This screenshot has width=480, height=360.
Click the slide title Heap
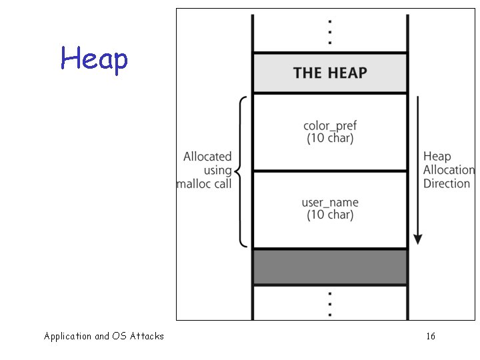coord(94,59)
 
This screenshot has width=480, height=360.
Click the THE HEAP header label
coord(330,73)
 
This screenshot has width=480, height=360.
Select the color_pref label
coord(330,125)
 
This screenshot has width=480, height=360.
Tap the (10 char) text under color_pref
coord(330,139)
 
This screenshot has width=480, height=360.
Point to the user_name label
coord(330,202)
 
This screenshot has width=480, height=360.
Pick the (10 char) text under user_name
coord(330,215)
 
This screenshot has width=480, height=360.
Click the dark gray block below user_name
coord(330,267)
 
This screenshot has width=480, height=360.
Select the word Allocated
coord(208,157)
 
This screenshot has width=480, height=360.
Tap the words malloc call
coord(205,183)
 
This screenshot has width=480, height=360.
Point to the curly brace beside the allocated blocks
coord(241,171)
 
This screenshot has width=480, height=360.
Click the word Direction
coord(447,183)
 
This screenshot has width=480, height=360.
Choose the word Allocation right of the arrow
coord(449,170)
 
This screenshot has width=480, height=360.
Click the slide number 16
coord(431,336)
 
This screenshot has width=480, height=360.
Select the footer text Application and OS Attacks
coord(104,336)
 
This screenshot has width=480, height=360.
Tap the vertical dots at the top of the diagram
coord(330,31)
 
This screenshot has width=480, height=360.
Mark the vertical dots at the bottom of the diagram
coord(330,304)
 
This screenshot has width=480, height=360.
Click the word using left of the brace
coord(217,170)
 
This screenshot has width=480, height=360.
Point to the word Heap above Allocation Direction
coord(437,157)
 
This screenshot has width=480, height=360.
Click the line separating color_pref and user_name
coord(330,171)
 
